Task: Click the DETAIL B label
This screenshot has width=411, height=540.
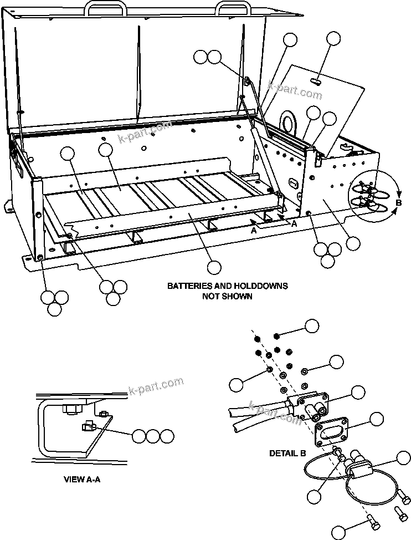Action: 287,453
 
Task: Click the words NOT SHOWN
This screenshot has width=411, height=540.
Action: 227,296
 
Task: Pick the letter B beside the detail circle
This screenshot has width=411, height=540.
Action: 398,203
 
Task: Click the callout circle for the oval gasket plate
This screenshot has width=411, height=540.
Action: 376,419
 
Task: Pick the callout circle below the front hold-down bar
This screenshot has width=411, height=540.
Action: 214,267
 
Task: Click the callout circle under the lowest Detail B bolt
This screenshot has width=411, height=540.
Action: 339,532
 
